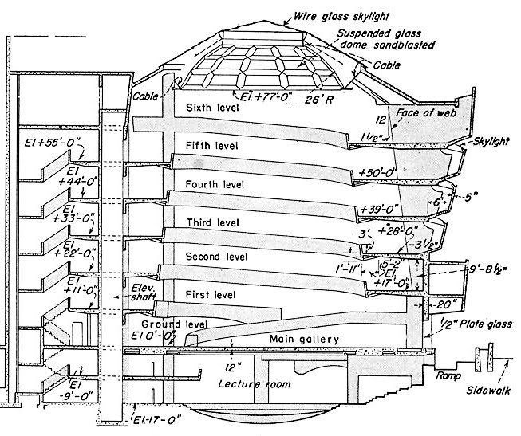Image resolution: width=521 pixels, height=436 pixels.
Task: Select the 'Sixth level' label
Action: coord(212,108)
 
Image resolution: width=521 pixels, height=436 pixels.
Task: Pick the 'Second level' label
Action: coord(216,257)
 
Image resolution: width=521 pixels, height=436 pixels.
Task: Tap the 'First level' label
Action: coord(211,295)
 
